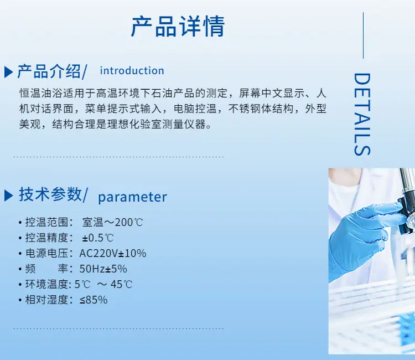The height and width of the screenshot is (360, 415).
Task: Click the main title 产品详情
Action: coord(178,26)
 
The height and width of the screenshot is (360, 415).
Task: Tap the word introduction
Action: coord(132,71)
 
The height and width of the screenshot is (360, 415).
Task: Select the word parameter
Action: coord(132,197)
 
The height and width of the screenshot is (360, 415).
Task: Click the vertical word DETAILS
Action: coord(362,114)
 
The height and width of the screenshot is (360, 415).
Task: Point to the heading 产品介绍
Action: coord(49,71)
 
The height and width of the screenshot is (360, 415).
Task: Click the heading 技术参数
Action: coord(50,194)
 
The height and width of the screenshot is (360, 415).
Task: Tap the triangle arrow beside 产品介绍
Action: coord(8,72)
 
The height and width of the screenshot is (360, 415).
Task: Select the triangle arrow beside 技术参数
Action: coord(8,196)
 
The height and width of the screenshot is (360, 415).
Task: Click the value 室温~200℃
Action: coord(112,222)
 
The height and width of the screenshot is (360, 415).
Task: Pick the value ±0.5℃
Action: coord(97,238)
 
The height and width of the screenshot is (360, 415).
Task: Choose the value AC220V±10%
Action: coord(113,254)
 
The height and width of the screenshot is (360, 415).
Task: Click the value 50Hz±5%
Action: coord(103,269)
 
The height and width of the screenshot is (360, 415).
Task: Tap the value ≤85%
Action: coord(94,300)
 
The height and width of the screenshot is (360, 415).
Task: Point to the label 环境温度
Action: coord(47,284)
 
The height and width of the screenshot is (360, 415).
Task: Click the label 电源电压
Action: coord(47,254)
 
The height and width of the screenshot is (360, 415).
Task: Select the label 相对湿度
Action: coord(47,300)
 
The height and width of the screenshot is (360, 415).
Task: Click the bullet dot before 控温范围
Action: coord(20,223)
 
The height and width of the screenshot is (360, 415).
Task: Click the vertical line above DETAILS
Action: coord(363,35)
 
